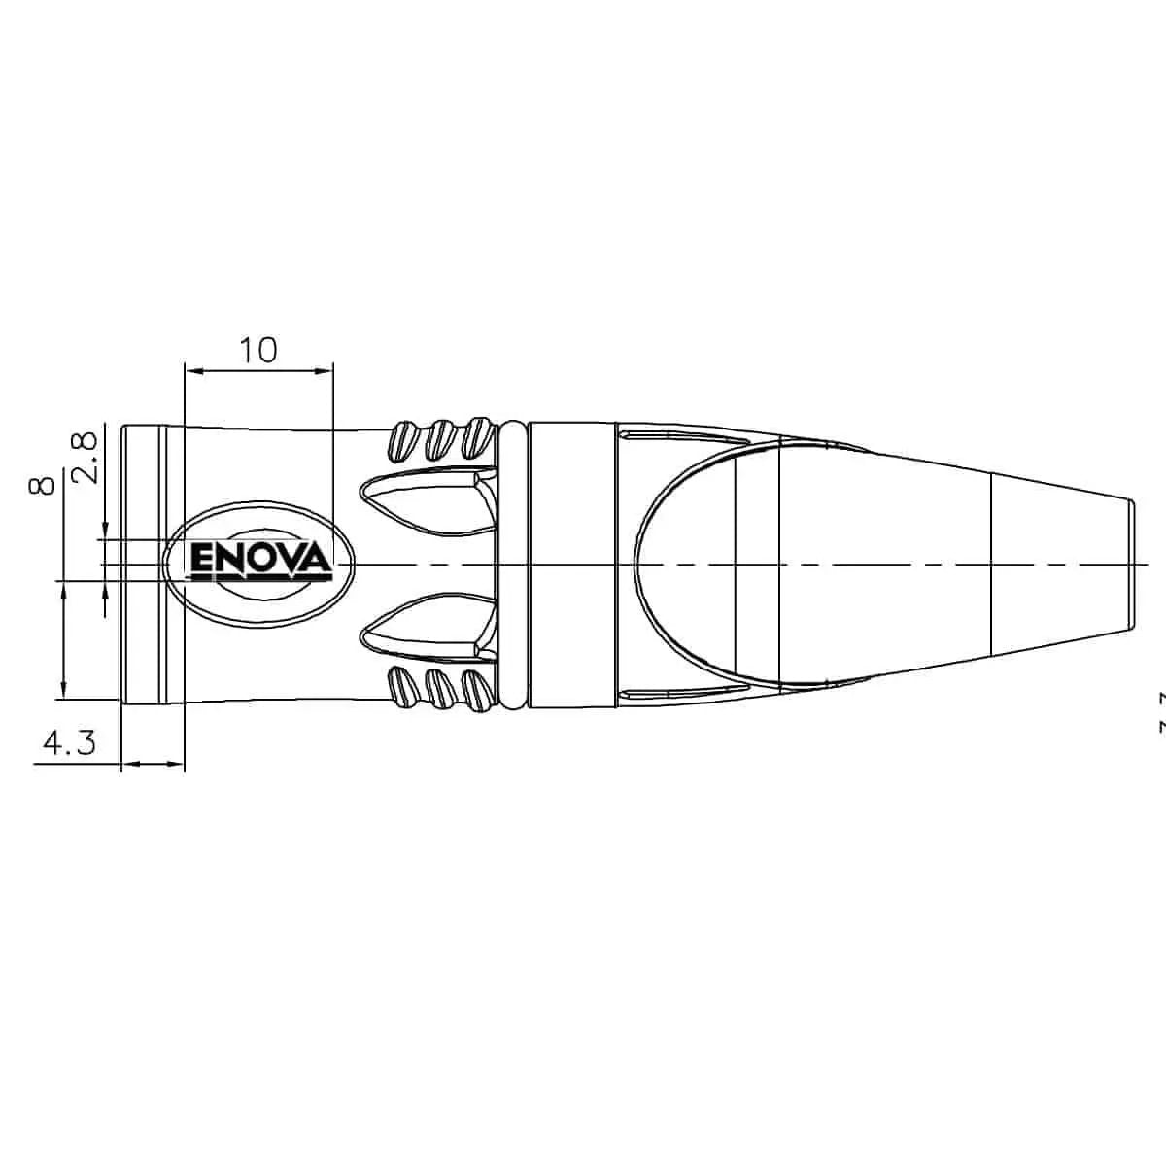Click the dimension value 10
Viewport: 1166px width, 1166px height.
pos(258,350)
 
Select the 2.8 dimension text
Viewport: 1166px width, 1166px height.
pos(86,457)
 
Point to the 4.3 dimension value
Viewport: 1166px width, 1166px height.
pos(68,743)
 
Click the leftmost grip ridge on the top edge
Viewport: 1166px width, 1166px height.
pos(402,442)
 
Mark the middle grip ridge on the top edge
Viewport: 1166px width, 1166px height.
pos(440,440)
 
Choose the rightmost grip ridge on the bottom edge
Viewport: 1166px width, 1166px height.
pos(476,689)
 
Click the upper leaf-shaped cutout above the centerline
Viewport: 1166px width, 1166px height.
pos(423,501)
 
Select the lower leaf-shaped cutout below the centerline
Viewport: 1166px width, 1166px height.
pos(423,628)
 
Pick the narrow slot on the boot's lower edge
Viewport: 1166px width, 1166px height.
pos(680,693)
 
